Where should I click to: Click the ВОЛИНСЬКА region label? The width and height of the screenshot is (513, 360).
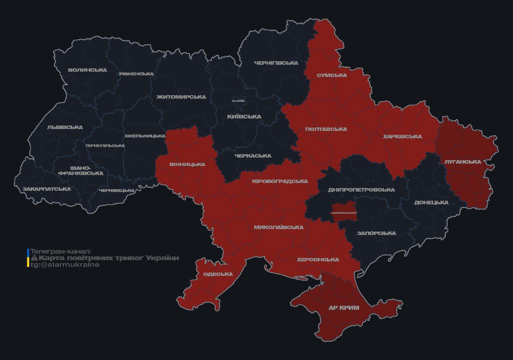pyautogui.click(x=87, y=70)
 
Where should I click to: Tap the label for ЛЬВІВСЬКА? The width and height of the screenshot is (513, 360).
pyautogui.click(x=65, y=127)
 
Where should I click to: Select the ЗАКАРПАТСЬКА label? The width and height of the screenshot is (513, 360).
pyautogui.click(x=46, y=189)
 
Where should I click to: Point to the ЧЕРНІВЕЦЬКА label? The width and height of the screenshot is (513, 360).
pyautogui.click(x=116, y=190)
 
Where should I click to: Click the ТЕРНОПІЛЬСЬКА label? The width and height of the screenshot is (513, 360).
pyautogui.click(x=105, y=146)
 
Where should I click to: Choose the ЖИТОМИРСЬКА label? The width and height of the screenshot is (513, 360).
pyautogui.click(x=181, y=97)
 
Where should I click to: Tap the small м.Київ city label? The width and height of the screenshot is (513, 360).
pyautogui.click(x=238, y=101)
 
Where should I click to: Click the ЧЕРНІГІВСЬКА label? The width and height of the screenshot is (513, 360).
pyautogui.click(x=276, y=63)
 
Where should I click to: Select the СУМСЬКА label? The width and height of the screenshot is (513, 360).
pyautogui.click(x=332, y=75)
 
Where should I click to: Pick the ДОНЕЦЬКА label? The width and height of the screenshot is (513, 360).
pyautogui.click(x=431, y=202)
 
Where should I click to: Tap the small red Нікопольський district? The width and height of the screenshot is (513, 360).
pyautogui.click(x=344, y=212)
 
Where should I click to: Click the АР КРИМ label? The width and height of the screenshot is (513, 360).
pyautogui.click(x=343, y=308)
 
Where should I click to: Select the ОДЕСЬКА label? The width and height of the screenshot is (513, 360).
pyautogui.click(x=218, y=274)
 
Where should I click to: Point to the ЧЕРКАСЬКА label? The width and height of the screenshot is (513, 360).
pyautogui.click(x=253, y=156)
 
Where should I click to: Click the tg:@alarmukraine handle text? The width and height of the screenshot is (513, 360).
pyautogui.click(x=65, y=265)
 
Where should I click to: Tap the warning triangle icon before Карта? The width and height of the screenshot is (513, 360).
pyautogui.click(x=34, y=258)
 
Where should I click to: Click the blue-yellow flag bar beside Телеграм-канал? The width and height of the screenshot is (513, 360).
pyautogui.click(x=28, y=258)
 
